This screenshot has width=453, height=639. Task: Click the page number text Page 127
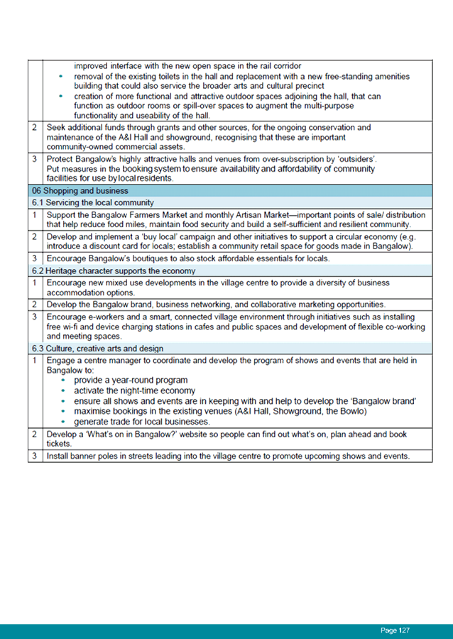tap(395, 630)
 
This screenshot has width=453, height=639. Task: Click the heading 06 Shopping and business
tap(80, 191)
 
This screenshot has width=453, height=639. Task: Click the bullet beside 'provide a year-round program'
tap(63, 381)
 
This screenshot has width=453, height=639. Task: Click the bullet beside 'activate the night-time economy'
tap(63, 390)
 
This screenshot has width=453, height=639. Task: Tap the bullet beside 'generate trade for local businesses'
tap(63, 422)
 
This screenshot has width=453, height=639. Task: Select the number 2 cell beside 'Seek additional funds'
tap(35, 128)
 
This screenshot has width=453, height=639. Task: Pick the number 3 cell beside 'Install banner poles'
tap(35, 456)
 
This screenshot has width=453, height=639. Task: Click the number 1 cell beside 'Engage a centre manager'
tap(35, 361)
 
